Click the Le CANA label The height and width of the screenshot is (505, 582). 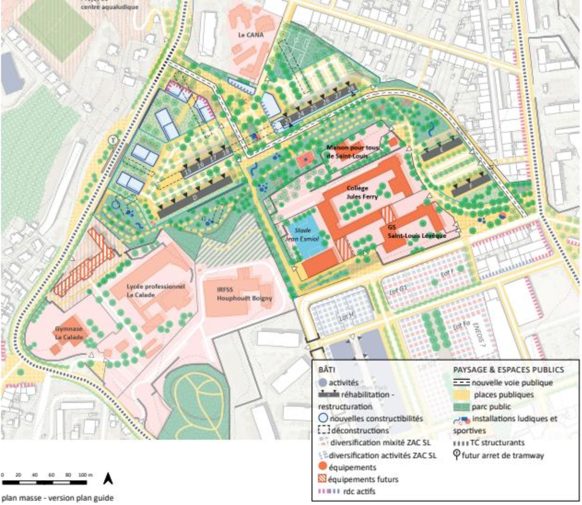pos(251,35)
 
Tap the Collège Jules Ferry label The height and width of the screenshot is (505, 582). pos(362,193)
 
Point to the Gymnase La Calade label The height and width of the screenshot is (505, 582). pos(69,333)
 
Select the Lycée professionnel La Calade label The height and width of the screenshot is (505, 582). pos(155,291)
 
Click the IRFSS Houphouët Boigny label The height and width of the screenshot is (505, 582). pos(244,294)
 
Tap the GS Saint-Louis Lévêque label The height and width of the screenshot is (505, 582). pos(416,232)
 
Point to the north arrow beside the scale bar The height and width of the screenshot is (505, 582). pos(108,479)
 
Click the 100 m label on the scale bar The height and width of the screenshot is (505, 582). pos(85,475)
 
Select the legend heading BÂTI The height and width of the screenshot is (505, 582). pos(327,370)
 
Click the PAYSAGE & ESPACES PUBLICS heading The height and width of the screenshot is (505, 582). pos(508,370)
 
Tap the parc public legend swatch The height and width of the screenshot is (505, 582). pos(461,407)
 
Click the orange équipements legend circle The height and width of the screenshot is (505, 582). pos(323,466)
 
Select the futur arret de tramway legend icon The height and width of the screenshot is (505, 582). pos(457,454)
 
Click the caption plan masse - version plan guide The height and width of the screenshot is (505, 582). pos(57,498)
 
